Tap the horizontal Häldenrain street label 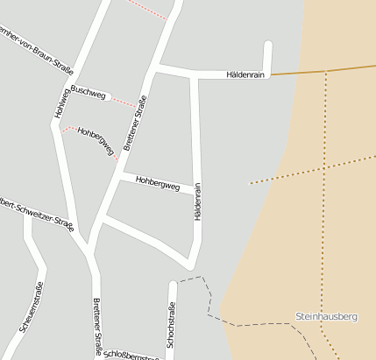(x=245, y=75)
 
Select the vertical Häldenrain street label (x=198, y=201)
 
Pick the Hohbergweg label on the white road (x=158, y=184)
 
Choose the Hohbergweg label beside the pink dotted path (x=96, y=140)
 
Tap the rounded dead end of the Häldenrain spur (x=268, y=46)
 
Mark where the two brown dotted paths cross (x=325, y=166)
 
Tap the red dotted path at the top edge (x=147, y=9)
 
